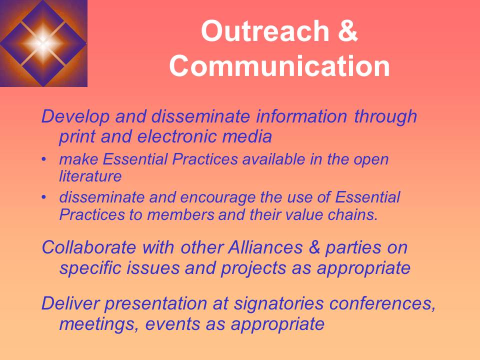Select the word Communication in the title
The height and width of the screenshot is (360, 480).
(279, 67)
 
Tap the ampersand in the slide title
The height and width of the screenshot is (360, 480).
(347, 32)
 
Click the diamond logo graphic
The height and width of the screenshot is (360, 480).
(43, 43)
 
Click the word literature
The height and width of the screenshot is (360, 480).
(90, 176)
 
